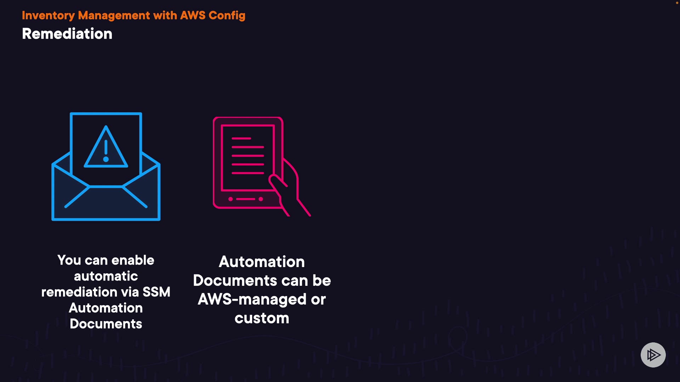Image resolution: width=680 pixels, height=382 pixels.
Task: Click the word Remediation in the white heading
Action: coord(67,34)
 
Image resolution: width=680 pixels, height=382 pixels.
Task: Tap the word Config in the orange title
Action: coord(227,16)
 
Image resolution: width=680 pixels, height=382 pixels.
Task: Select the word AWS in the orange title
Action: coord(193,16)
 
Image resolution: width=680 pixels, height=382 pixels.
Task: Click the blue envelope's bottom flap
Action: coord(106,203)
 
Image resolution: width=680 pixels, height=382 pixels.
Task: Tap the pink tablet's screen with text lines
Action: coord(248,157)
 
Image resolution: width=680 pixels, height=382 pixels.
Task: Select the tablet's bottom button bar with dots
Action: coord(245,199)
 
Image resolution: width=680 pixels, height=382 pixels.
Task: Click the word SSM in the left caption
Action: coord(156,292)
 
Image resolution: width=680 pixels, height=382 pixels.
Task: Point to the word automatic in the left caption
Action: coord(106,276)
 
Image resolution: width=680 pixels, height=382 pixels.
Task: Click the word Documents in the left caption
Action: coord(106,324)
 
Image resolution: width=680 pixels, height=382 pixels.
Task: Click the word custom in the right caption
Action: coord(262,318)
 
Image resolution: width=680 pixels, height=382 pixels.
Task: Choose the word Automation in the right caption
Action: coord(262,262)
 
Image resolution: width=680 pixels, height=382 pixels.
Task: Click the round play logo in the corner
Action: coord(653,355)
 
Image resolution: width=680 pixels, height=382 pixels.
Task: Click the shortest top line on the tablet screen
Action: coord(241,138)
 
